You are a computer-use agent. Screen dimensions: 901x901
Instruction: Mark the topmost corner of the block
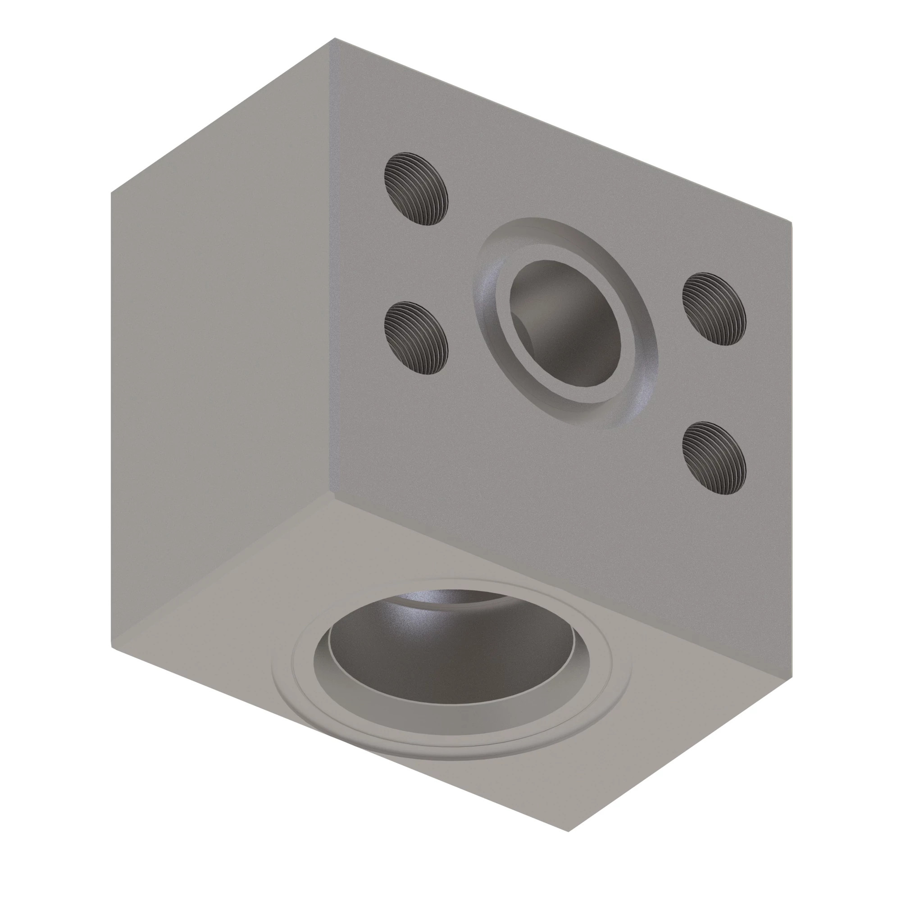coord(332,39)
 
